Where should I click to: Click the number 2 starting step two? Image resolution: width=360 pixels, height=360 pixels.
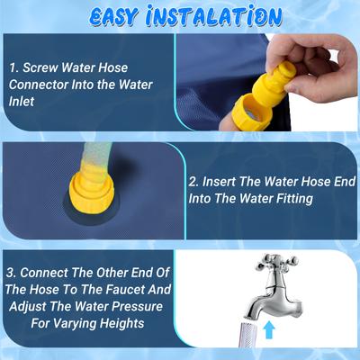tap(193, 181)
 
